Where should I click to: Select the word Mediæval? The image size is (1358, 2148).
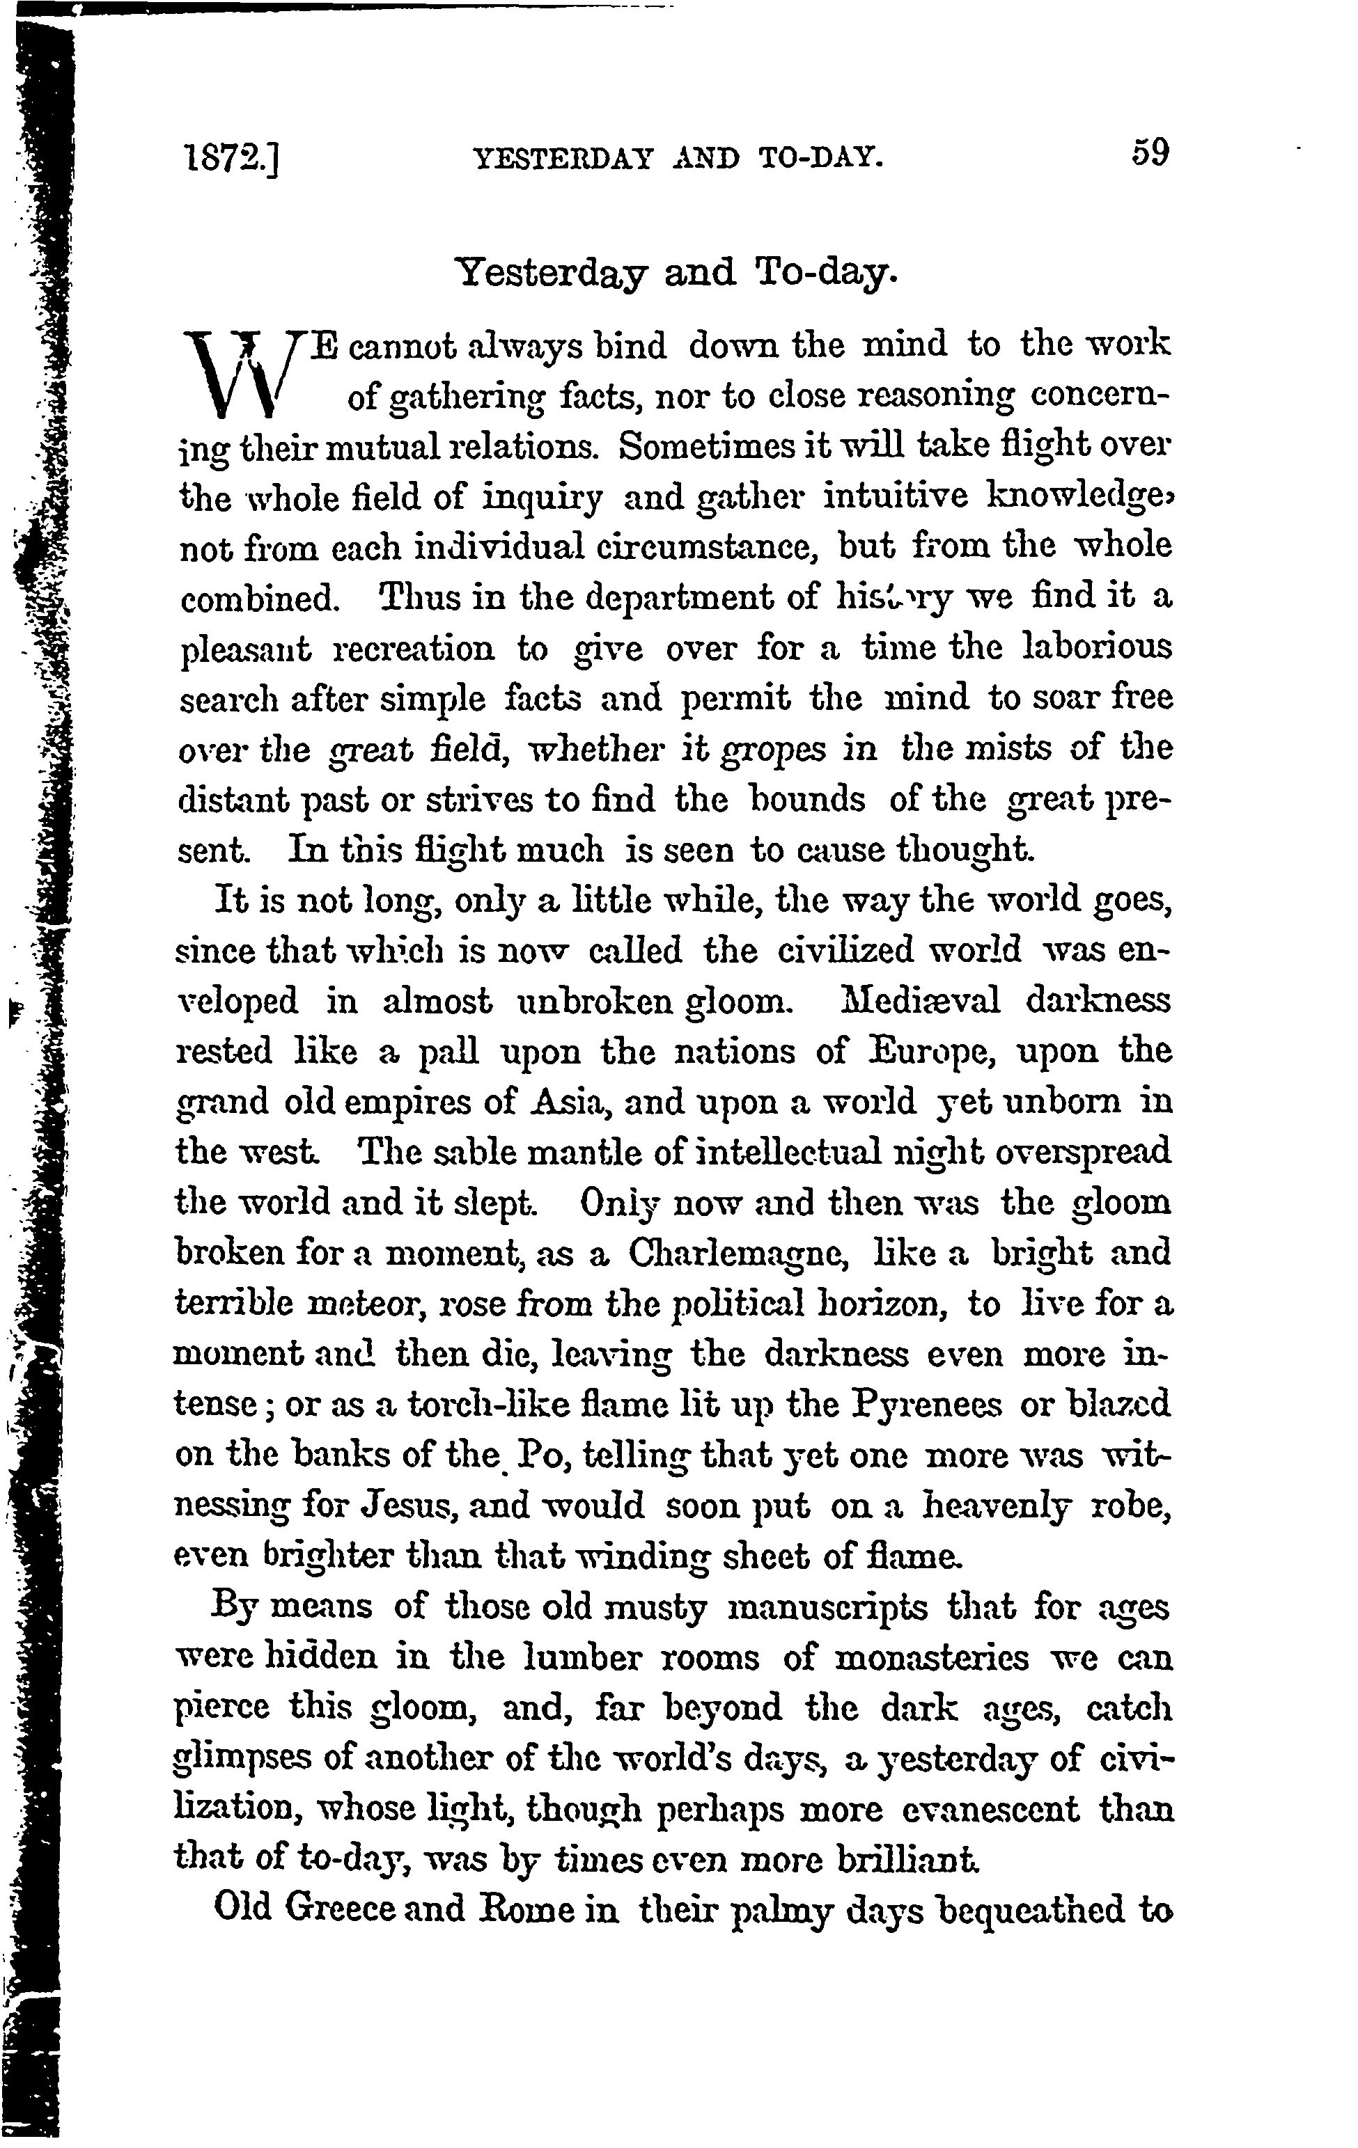pos(920,1001)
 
